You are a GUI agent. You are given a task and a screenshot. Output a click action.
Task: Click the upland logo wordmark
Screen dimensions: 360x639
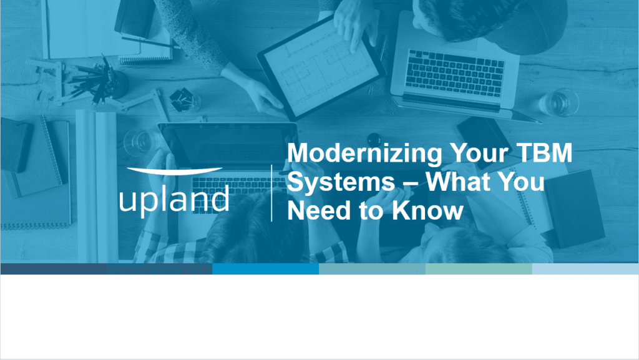(174, 199)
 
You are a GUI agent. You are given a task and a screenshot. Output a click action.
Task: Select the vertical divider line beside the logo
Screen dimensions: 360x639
(271, 193)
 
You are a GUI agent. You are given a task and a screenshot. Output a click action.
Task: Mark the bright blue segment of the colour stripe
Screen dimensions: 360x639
(265, 269)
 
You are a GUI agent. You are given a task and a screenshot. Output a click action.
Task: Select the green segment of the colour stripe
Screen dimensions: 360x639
(479, 269)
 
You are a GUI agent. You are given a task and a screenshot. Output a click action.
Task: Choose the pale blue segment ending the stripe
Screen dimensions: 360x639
(585, 269)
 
